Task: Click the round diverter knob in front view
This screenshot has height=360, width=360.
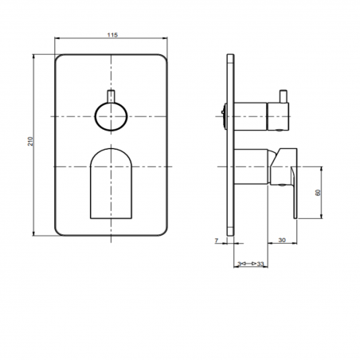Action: (110, 117)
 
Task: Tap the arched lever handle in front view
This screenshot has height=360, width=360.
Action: (110, 183)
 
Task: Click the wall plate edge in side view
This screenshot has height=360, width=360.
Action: (231, 143)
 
